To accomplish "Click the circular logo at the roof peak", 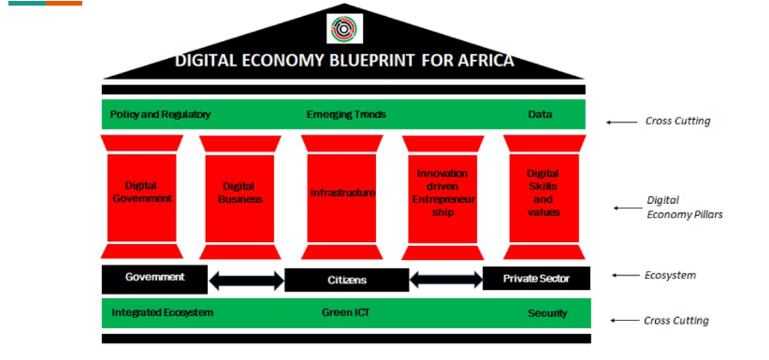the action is click(345, 28).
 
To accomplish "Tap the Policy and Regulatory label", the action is click(160, 114).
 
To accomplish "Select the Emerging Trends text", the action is click(346, 114).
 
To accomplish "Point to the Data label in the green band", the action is click(540, 114).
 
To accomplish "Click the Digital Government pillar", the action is click(142, 196).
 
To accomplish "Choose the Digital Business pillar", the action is click(240, 197).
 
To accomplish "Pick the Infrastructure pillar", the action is click(341, 197).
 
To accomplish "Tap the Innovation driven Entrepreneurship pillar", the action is click(443, 197).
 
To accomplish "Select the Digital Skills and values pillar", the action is click(544, 197).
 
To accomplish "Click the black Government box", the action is click(154, 280).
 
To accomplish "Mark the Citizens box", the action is click(347, 281).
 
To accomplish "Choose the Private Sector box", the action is click(537, 279).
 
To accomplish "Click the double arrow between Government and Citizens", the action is click(246, 281).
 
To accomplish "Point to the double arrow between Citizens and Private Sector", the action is click(446, 280).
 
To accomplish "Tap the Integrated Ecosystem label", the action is click(163, 312).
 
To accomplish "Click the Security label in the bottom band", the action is click(547, 313).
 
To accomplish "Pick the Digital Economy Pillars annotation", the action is click(684, 207).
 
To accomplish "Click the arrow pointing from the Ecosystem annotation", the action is click(625, 276).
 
